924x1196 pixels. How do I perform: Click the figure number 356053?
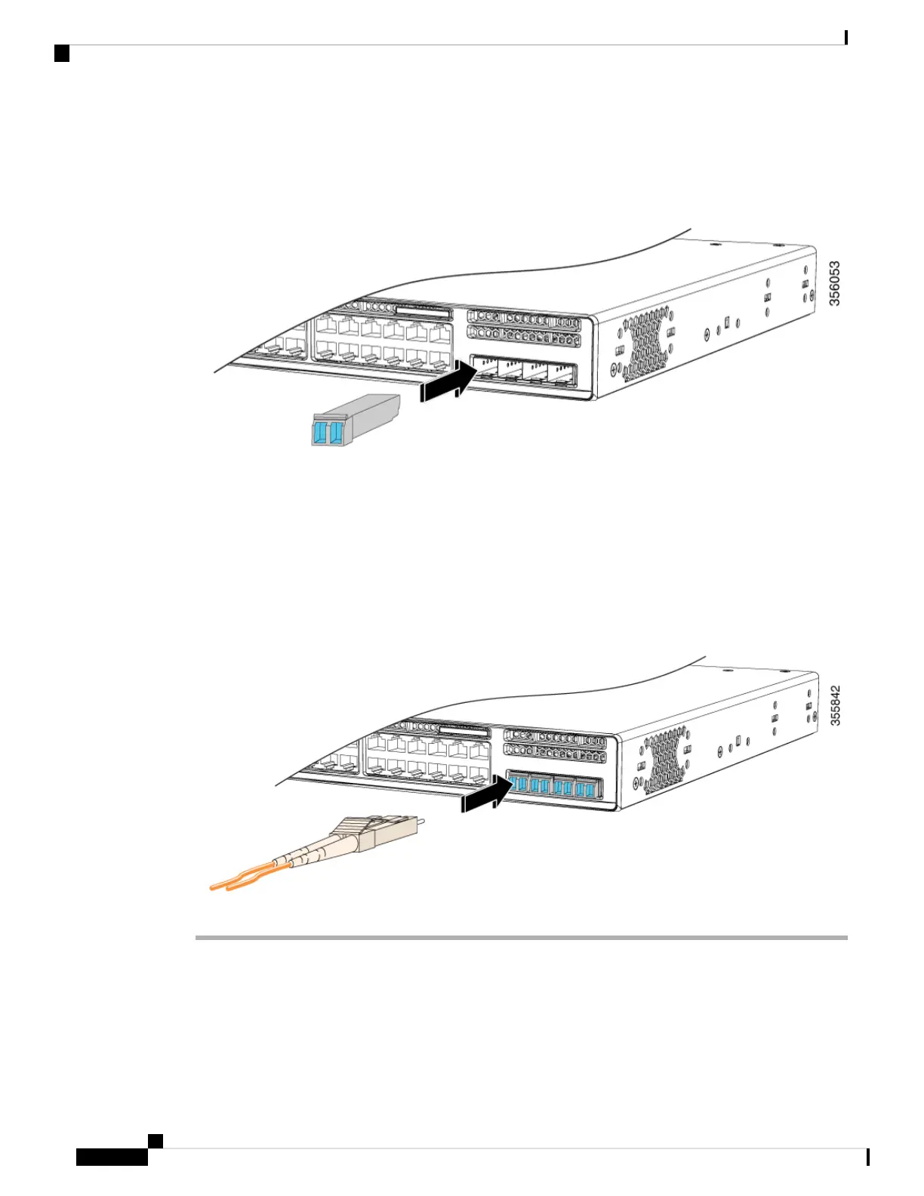coord(834,283)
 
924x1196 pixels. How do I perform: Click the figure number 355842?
coord(835,706)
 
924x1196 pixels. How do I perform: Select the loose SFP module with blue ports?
coord(354,420)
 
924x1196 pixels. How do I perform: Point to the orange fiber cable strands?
coord(246,877)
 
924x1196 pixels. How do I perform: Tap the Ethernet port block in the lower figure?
coord(427,757)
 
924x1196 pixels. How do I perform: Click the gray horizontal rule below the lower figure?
coord(521,937)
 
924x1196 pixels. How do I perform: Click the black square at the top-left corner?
coord(62,53)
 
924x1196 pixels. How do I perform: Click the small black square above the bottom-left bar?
coord(155,1141)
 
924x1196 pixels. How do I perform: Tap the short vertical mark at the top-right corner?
coord(846,38)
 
